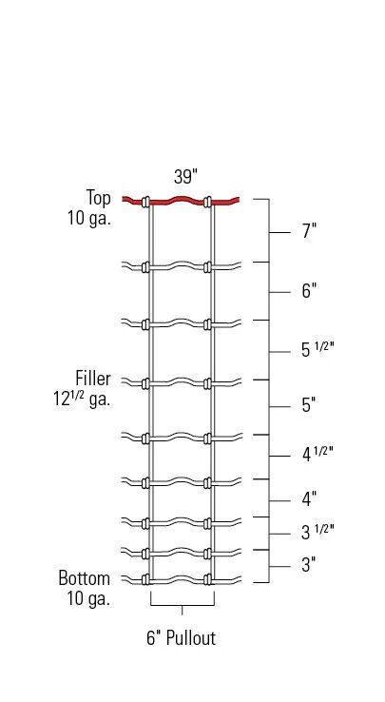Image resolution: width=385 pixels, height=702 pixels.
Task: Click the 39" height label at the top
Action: pyautogui.click(x=184, y=177)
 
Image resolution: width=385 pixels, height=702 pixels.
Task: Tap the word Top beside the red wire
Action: pyautogui.click(x=99, y=198)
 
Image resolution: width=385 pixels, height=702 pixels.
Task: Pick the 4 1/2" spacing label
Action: pyautogui.click(x=318, y=454)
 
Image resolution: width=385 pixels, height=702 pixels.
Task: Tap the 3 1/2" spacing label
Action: pyautogui.click(x=318, y=532)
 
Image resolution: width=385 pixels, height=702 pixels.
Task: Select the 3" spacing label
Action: pyautogui.click(x=308, y=565)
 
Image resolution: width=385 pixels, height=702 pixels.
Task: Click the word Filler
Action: pyautogui.click(x=93, y=379)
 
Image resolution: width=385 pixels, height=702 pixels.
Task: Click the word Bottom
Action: pyautogui.click(x=85, y=578)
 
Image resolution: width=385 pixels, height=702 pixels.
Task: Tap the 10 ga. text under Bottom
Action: pyautogui.click(x=88, y=598)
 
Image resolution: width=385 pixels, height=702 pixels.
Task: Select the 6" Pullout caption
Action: pyautogui.click(x=182, y=638)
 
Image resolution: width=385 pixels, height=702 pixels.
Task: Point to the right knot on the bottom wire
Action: pyautogui.click(x=209, y=578)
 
